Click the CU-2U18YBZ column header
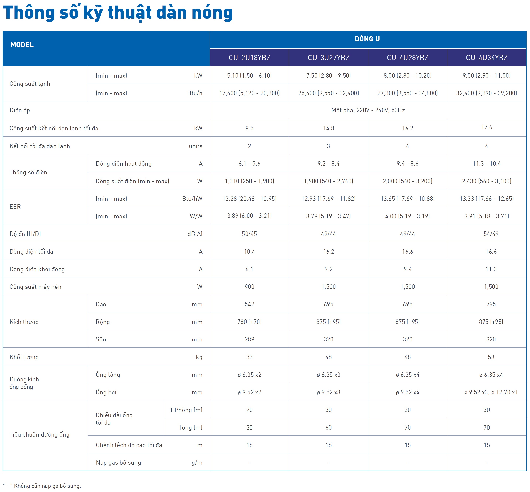pyautogui.click(x=249, y=58)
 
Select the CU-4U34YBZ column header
pyautogui.click(x=486, y=58)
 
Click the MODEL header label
pyautogui.click(x=22, y=45)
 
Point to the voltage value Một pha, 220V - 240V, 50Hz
pyautogui.click(x=368, y=110)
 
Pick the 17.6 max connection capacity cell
pyautogui.click(x=486, y=127)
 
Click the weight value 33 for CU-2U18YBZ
pyautogui.click(x=249, y=357)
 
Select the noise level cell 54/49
pyautogui.click(x=491, y=234)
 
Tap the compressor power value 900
pyautogui.click(x=249, y=287)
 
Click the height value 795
pyautogui.click(x=491, y=304)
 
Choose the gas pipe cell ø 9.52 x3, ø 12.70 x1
pyautogui.click(x=491, y=392)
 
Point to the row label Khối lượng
pyautogui.click(x=24, y=357)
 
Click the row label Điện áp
pyautogui.click(x=20, y=110)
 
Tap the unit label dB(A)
pyautogui.click(x=195, y=234)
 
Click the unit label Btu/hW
pyautogui.click(x=192, y=199)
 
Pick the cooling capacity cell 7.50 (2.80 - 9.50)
pyautogui.click(x=328, y=76)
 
